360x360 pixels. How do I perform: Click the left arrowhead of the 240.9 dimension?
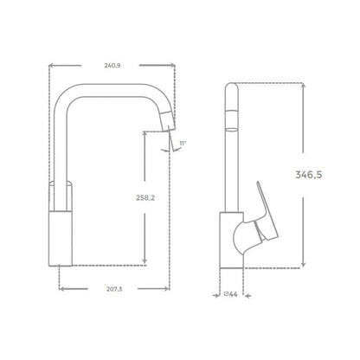click(49, 63)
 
